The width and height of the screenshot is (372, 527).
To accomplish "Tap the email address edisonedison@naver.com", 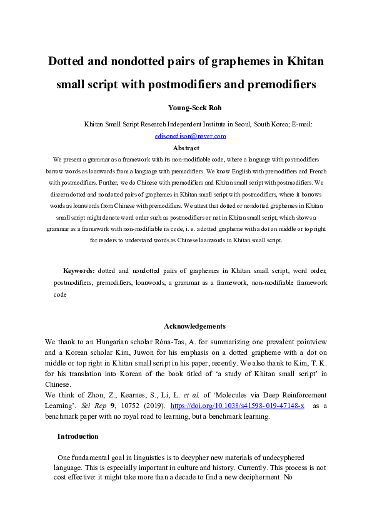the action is point(190,135).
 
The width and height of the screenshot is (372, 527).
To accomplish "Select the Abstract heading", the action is point(186,148).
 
